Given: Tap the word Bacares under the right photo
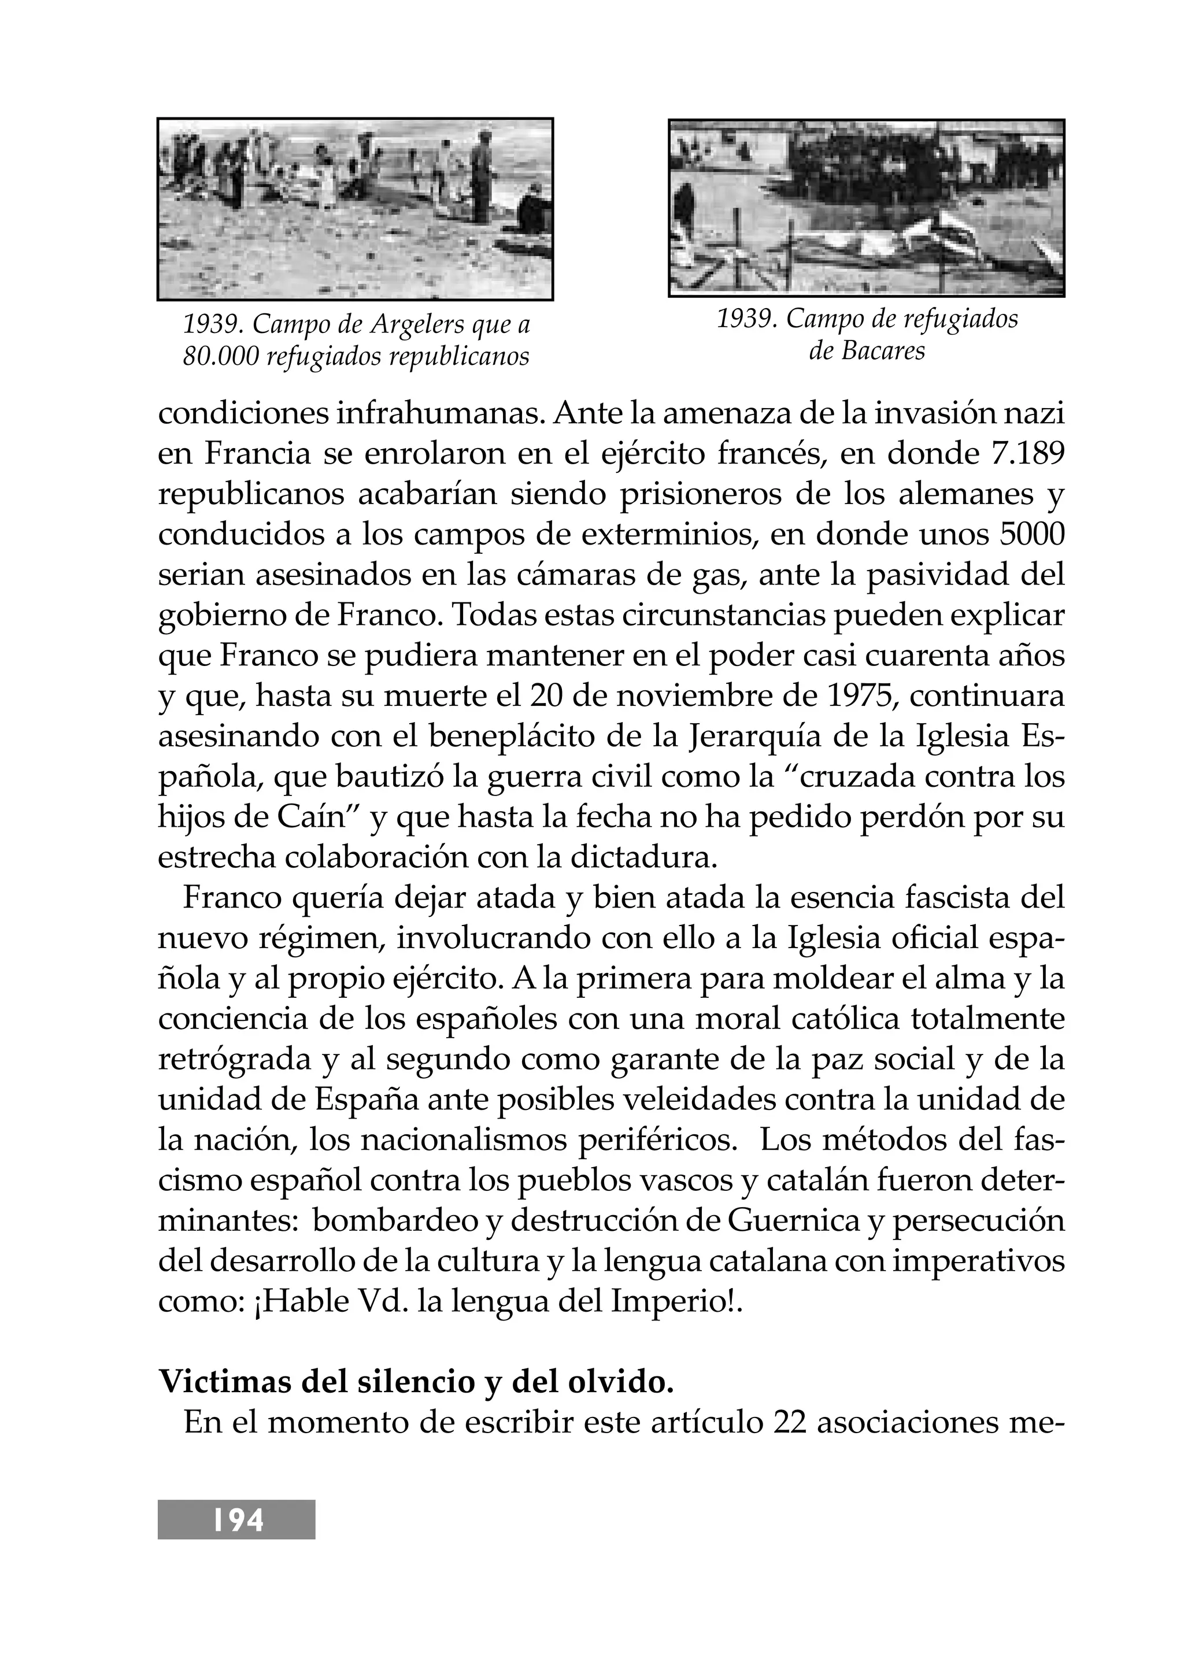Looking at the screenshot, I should [883, 351].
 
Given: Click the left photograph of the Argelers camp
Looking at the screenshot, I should [355, 209].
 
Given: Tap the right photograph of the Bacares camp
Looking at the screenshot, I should [866, 208].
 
